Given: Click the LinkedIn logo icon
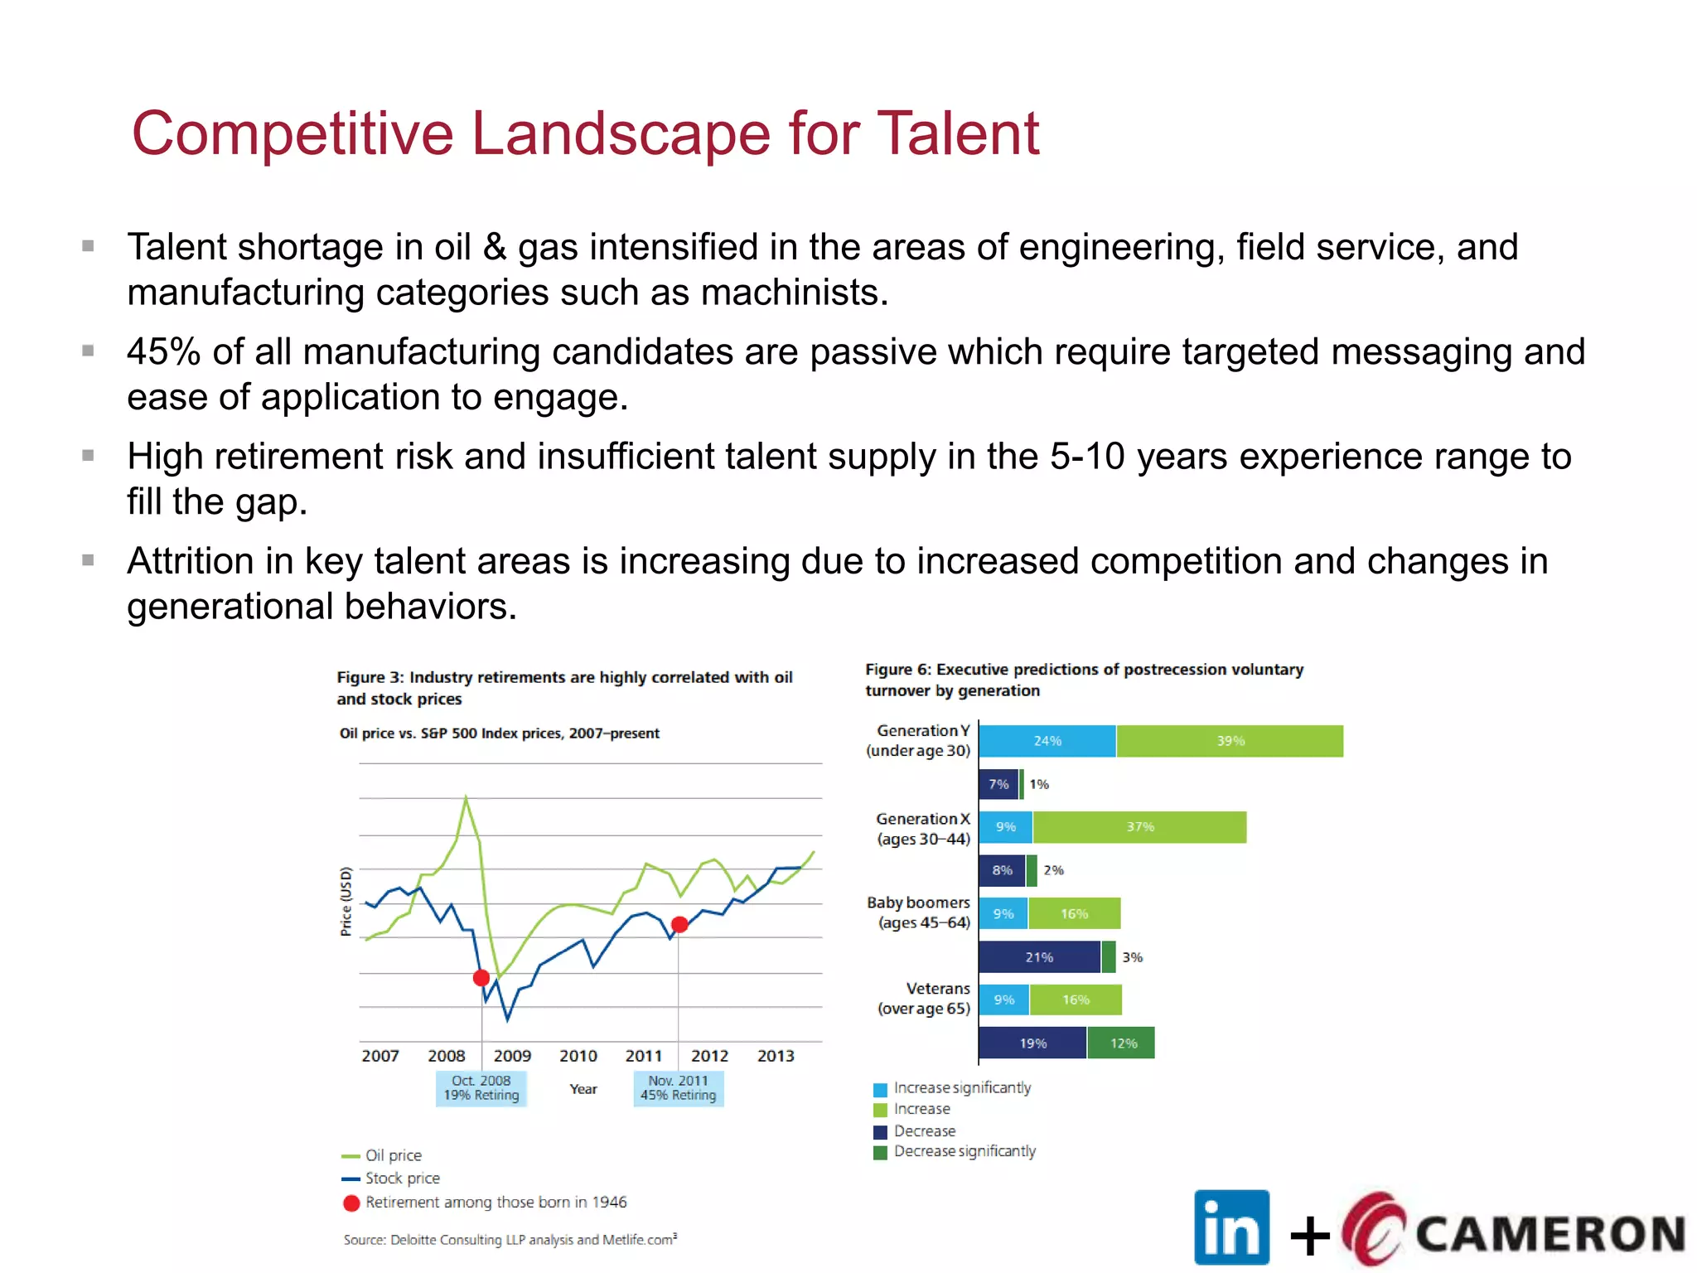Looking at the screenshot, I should pos(1231,1227).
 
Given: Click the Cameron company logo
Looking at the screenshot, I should pos(1513,1231).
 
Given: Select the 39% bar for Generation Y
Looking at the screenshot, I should pos(1230,741).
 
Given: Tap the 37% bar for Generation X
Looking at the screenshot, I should pos(1139,827).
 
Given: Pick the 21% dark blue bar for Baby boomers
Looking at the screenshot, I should pos(1039,957).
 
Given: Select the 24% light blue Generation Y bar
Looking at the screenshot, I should pos(1047,741).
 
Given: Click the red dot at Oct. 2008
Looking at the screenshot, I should pos(481,978).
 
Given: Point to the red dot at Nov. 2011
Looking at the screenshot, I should pos(679,924).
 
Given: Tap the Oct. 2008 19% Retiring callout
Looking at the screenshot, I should pos(481,1088).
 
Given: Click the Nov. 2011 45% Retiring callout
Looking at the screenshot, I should pos(678,1088).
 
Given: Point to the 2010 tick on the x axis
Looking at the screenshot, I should pos(578,1056).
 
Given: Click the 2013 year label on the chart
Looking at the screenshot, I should pos(776,1056).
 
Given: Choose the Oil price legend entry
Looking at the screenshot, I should pos(393,1155).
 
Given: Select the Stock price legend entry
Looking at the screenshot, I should pos(402,1179).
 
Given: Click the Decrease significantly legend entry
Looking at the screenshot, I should pos(964,1151).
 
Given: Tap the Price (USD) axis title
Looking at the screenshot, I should pos(346,902).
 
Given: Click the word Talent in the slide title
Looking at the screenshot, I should pos(957,134).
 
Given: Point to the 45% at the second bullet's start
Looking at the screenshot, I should pos(163,352).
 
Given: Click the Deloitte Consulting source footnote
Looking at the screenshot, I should pos(510,1240).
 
